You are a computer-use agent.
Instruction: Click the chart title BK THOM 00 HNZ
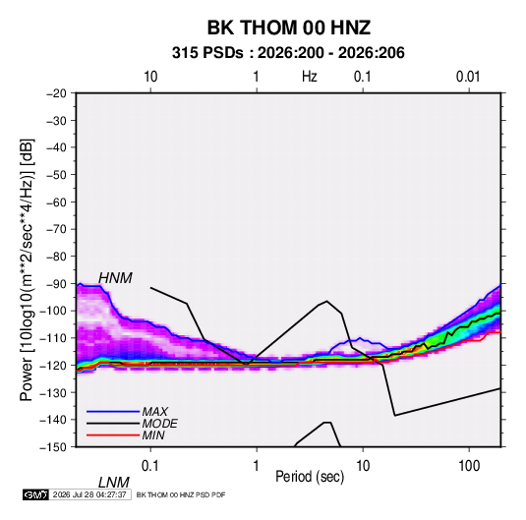(289, 28)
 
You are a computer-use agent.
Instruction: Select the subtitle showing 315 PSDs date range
(288, 53)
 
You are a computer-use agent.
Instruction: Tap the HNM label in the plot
(115, 278)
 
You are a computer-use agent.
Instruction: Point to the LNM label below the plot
(113, 483)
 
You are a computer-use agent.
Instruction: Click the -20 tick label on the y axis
(56, 93)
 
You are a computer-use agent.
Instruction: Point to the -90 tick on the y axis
(56, 283)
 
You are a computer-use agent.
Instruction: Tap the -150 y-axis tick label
(54, 447)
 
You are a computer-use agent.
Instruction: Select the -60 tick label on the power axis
(56, 202)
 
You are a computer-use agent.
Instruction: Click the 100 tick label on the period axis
(469, 465)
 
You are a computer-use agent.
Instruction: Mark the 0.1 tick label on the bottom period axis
(150, 465)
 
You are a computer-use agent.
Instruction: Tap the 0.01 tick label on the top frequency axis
(468, 77)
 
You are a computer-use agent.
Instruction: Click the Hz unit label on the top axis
(310, 77)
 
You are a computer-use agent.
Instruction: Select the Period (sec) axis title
(310, 477)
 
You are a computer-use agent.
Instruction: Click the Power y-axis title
(27, 270)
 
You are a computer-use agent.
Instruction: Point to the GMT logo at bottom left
(35, 494)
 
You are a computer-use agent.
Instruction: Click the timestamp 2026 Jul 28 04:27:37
(89, 494)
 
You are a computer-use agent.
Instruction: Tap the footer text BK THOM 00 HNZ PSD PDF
(181, 494)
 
